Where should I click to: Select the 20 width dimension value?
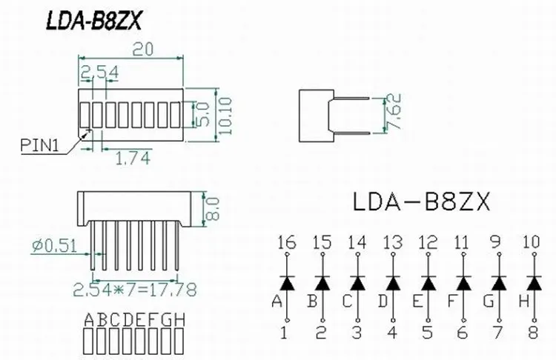(x=143, y=50)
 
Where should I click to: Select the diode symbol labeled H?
(x=533, y=284)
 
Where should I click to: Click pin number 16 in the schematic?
(x=286, y=242)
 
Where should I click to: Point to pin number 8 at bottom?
(x=533, y=333)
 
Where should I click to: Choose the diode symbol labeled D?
(x=392, y=284)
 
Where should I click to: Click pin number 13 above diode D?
(x=392, y=242)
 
